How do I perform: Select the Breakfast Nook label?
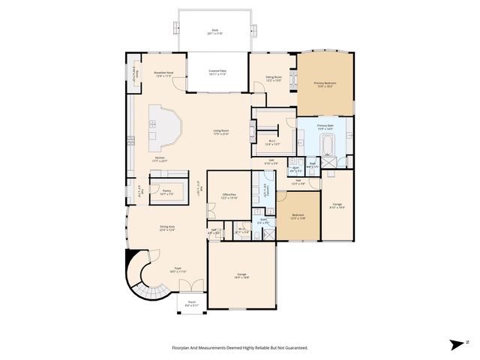(x=163, y=74)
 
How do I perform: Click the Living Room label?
(x=220, y=133)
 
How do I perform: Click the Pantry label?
(x=166, y=192)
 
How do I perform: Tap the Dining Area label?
(x=166, y=228)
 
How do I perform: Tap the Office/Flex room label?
(x=229, y=196)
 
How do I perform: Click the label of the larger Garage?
(x=241, y=277)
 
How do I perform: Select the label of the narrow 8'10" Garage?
(x=337, y=208)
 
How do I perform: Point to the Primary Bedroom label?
(x=325, y=85)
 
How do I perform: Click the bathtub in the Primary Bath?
(x=328, y=142)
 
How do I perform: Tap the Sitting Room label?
(x=274, y=79)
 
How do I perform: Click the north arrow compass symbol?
(x=456, y=344)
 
